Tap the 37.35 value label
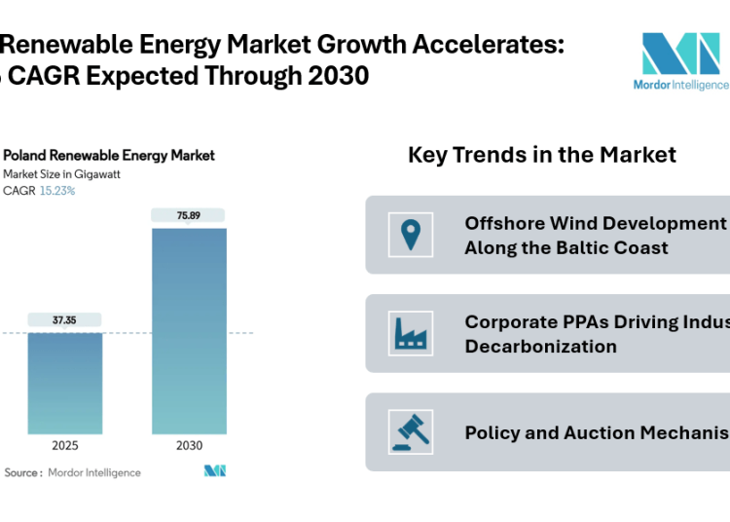(64, 319)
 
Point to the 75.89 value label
(189, 215)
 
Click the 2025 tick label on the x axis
(64, 446)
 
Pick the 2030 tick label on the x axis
(189, 446)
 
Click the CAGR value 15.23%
(56, 191)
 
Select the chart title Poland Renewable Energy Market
(109, 155)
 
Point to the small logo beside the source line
(214, 471)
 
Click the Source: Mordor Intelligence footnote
(73, 472)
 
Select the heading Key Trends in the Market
(541, 154)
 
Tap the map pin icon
(410, 235)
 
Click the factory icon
(410, 333)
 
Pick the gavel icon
(410, 431)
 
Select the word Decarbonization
(540, 346)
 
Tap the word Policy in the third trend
(492, 432)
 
